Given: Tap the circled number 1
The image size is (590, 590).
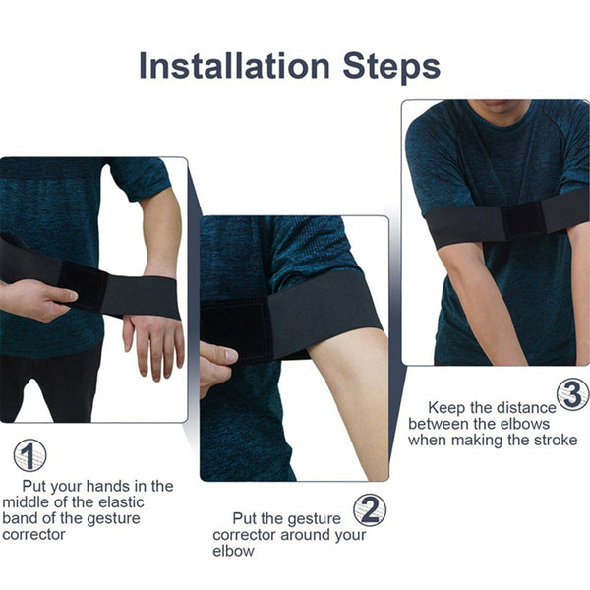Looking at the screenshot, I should tap(29, 455).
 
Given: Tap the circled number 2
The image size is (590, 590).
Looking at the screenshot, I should tap(369, 509).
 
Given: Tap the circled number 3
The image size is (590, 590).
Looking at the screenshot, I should tap(572, 393).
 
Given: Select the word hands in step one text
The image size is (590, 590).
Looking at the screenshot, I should tap(109, 486).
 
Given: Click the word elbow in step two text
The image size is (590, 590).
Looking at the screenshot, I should tap(233, 551).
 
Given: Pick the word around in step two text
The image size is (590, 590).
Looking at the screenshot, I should tap(310, 534).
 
